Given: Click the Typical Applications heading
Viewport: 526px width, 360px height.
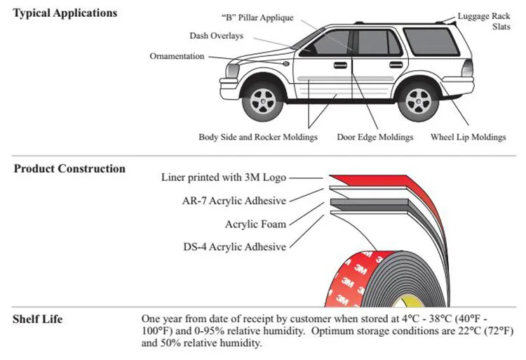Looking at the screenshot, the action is pos(65,13).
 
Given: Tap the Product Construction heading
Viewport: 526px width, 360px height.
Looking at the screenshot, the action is pos(69,168).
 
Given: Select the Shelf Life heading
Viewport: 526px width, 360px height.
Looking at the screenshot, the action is pos(38,319).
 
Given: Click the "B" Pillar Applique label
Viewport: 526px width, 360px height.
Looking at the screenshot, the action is pos(257,18).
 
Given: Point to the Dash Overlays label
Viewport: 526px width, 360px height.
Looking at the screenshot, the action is pos(217,36).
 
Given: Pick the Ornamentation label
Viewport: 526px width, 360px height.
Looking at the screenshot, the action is pos(177,56).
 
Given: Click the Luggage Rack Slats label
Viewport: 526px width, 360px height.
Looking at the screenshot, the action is pos(484,21).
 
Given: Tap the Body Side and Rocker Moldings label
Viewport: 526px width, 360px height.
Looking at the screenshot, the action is pos(258,138).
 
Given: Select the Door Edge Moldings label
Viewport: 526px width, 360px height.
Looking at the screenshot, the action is pos(375,138).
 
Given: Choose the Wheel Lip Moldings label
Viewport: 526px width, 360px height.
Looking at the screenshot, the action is pos(468,138).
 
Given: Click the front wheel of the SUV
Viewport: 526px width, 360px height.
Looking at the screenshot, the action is pos(263,101).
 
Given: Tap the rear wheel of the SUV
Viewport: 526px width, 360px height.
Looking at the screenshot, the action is pos(418,101).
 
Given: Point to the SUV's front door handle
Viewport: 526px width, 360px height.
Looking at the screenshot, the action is pos(340,65).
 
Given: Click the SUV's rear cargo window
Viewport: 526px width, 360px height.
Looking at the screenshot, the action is pos(431,41).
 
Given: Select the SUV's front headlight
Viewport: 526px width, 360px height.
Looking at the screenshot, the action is pos(232,70).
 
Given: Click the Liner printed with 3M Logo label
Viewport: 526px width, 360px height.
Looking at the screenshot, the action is pos(224,178).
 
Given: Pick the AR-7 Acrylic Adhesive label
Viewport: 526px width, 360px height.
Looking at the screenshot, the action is pos(234,201).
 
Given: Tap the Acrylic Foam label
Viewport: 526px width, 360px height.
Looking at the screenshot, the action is pos(255,224).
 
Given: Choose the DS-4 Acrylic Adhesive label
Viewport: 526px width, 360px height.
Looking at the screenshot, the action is pos(235,247).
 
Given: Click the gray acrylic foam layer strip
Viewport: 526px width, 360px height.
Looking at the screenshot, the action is pos(369,203).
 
